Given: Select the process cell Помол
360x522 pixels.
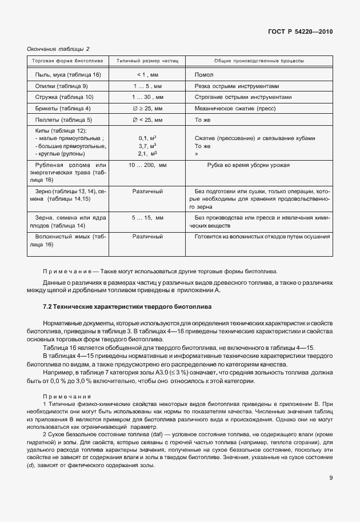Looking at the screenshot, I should pyautogui.click(x=204, y=75).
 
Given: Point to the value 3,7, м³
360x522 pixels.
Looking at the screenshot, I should pyautogui.click(x=147, y=146).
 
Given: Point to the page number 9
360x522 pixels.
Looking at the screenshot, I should pyautogui.click(x=331, y=479).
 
